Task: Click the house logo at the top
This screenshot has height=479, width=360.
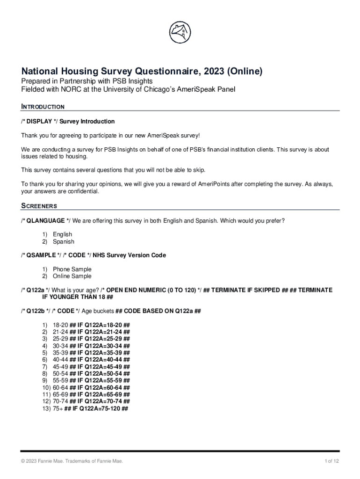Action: coord(180,32)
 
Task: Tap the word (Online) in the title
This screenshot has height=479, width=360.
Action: coord(245,72)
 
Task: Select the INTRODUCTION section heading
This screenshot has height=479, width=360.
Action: coord(43,107)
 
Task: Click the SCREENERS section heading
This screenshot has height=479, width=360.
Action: coord(39,206)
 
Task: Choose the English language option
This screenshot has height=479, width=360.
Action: coord(62,234)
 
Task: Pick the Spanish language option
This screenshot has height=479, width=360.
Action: coord(63,242)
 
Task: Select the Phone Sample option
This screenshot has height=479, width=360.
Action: coord(72,269)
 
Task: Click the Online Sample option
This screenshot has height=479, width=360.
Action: coord(72,276)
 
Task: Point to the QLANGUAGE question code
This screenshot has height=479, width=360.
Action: coord(45,220)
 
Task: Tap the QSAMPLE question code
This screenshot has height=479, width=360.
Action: coord(41,255)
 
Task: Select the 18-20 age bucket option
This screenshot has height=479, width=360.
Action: coord(60,325)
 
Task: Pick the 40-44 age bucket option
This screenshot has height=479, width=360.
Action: coord(60,360)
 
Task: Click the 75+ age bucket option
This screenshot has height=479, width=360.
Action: coord(58,408)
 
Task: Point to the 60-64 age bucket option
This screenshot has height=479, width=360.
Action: coord(60,388)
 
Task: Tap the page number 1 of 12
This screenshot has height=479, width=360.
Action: coord(332,462)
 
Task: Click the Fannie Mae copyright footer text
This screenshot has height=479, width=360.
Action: coord(72,462)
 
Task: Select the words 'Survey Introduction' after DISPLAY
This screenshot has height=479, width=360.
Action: coord(87,122)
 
